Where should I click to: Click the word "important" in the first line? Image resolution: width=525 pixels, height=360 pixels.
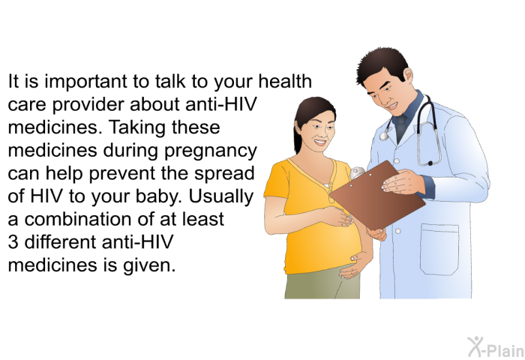click(x=85, y=82)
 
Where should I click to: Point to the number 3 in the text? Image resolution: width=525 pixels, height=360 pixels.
click(x=13, y=241)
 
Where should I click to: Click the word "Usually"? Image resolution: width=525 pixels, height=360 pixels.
click(x=221, y=197)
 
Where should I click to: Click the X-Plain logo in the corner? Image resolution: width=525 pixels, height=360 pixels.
click(x=496, y=347)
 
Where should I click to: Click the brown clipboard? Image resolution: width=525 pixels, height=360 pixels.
click(x=377, y=195)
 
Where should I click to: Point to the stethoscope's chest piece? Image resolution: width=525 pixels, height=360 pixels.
click(x=384, y=135)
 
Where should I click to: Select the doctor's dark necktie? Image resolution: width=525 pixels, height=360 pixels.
click(x=400, y=129)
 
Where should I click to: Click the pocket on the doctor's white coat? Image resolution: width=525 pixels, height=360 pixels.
click(x=439, y=249)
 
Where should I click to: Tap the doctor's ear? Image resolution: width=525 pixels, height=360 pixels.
click(x=408, y=74)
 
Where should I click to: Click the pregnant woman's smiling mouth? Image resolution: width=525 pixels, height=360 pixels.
click(x=320, y=142)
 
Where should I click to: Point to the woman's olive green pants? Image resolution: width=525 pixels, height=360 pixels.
click(x=322, y=284)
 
